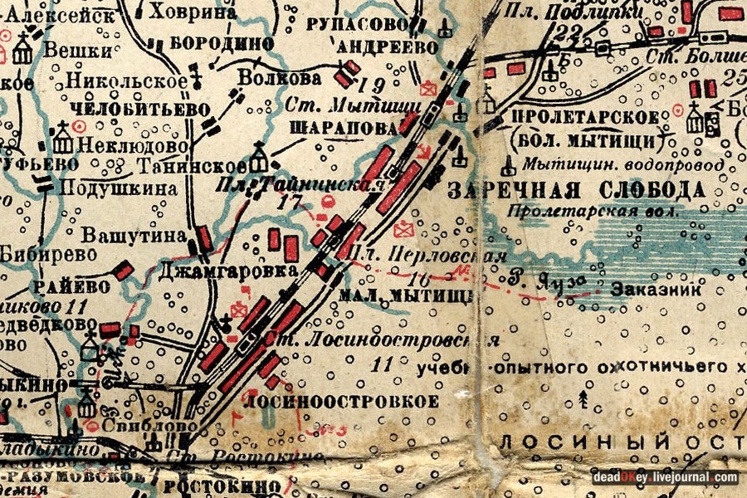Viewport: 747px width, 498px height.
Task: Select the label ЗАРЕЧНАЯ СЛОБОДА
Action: (x=577, y=190)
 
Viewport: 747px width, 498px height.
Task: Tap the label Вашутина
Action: (x=134, y=236)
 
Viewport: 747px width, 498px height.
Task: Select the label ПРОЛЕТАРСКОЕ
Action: (x=587, y=117)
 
